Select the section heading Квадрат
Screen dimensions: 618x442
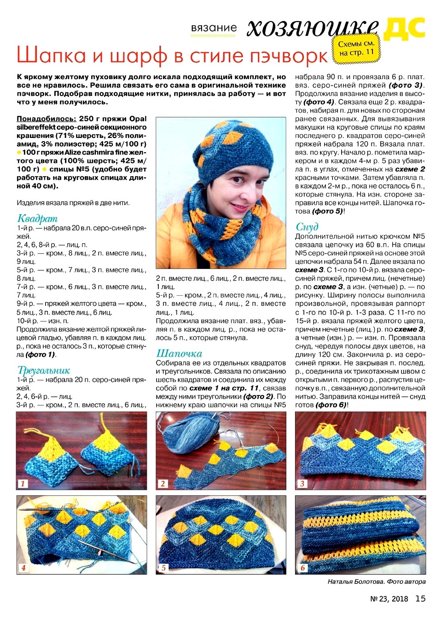click(37, 218)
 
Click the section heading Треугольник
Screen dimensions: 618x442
click(44, 370)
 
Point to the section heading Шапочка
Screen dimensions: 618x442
click(179, 353)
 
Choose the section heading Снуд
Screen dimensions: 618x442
click(307, 227)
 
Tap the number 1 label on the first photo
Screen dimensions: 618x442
click(23, 483)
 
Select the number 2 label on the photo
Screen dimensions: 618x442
click(163, 483)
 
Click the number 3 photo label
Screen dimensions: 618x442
click(302, 483)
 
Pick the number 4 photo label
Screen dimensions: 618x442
click(23, 568)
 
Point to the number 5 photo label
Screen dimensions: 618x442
click(163, 568)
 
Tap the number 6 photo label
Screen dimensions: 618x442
click(302, 568)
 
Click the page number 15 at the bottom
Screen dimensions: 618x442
click(420, 598)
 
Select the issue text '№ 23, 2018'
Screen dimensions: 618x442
click(389, 599)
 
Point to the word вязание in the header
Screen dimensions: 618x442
click(214, 28)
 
